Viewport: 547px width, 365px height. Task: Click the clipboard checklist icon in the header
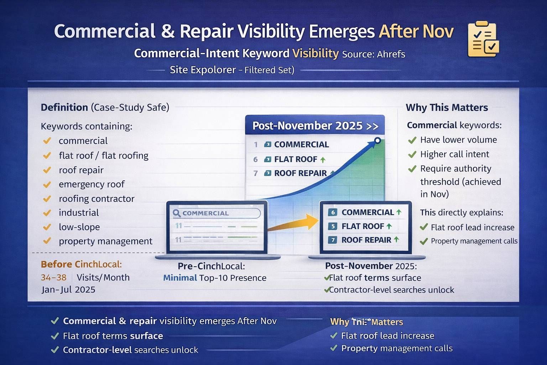[483, 39]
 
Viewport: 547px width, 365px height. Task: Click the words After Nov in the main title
[416, 31]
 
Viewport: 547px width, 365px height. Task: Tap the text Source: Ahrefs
[373, 54]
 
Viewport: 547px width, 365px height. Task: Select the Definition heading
[64, 107]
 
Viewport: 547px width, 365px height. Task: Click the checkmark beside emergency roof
[47, 184]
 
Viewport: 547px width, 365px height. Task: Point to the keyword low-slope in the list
[79, 227]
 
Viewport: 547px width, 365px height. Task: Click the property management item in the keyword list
[105, 241]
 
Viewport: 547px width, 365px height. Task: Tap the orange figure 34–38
[53, 277]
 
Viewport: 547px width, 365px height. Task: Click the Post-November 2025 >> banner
[315, 126]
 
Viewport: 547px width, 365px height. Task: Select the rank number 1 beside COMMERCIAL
[255, 144]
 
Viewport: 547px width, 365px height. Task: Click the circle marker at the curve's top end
[377, 140]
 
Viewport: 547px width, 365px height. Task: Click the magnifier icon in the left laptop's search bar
[177, 213]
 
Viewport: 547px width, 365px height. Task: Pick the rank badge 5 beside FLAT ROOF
[333, 226]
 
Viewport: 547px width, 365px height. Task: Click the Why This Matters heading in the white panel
[447, 108]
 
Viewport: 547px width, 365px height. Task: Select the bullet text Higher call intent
[454, 154]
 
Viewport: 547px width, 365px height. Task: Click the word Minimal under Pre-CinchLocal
[180, 278]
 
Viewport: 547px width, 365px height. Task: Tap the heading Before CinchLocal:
[81, 264]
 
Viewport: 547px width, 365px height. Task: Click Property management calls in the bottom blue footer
[397, 348]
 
